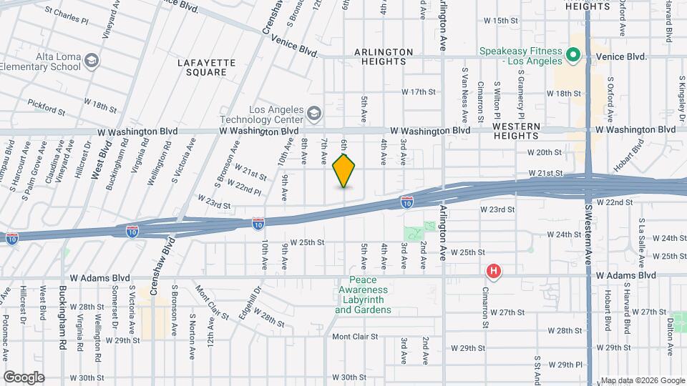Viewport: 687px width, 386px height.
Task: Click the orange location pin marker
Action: click(x=344, y=171)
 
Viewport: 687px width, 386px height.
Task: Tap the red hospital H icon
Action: click(x=493, y=271)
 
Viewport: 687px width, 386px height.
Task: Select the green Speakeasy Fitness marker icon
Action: click(x=572, y=55)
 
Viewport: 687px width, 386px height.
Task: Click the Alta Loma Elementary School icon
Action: click(x=91, y=59)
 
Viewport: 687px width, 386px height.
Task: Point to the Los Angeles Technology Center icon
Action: click(x=313, y=113)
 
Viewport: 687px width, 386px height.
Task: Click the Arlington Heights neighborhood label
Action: click(x=384, y=56)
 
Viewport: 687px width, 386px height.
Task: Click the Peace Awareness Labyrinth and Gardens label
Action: click(x=363, y=295)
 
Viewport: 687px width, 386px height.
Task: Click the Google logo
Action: click(x=24, y=377)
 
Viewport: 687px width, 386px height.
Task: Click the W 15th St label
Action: click(x=500, y=20)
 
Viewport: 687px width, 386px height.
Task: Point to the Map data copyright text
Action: click(x=642, y=380)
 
